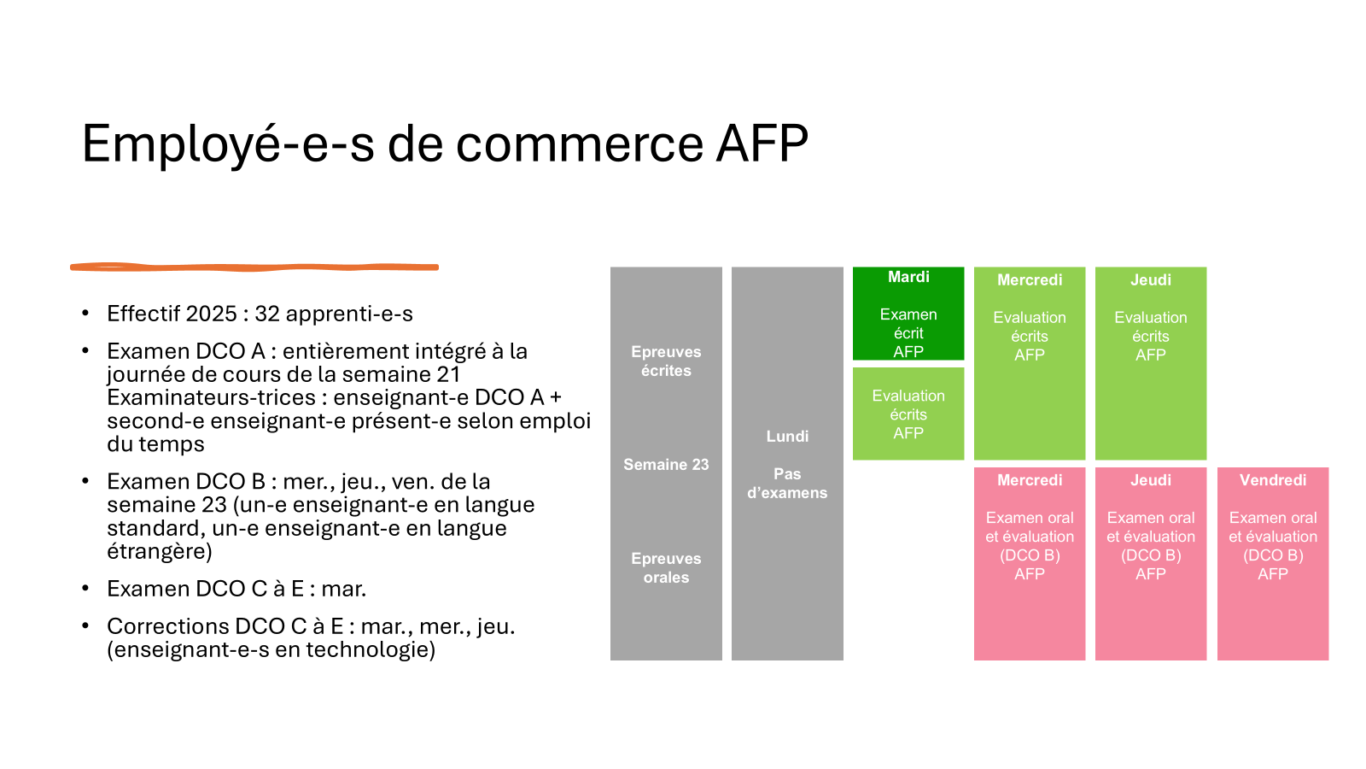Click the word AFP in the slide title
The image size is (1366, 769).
point(762,144)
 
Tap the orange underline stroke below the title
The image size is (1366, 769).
point(254,267)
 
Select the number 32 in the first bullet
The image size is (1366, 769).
point(267,314)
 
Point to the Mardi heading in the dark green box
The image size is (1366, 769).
point(908,277)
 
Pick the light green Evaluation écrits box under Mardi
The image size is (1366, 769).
point(908,414)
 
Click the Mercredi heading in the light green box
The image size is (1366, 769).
point(1030,280)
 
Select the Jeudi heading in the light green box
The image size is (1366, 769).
point(1151,280)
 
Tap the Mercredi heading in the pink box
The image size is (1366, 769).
point(1030,480)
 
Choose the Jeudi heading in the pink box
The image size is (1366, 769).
point(1151,480)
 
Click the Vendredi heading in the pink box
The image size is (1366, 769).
point(1273,480)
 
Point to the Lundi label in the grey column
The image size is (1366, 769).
point(787,437)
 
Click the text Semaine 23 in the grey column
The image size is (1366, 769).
point(666,465)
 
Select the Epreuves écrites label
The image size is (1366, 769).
point(666,361)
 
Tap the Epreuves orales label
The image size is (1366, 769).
point(666,568)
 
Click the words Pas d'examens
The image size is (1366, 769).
point(787,484)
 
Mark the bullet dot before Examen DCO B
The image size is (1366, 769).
point(85,482)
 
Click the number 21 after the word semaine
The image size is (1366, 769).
point(448,375)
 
